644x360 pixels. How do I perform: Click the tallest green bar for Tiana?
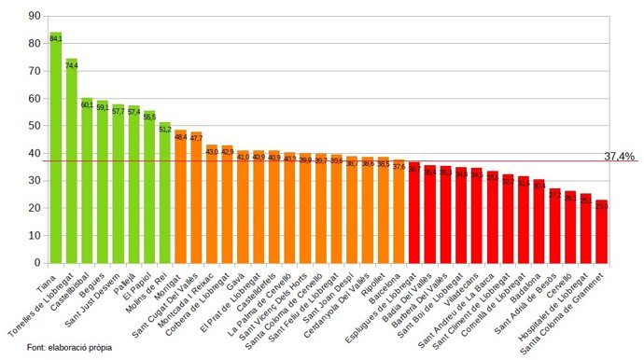(56, 149)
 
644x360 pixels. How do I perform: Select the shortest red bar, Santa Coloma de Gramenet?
(601, 232)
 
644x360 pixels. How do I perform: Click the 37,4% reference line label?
(619, 157)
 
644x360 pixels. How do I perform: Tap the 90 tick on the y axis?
(35, 16)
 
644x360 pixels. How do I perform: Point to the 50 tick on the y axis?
(35, 125)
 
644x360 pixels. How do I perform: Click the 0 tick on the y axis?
(37, 262)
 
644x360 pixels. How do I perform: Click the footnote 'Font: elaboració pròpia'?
(70, 347)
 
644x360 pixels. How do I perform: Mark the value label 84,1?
(56, 39)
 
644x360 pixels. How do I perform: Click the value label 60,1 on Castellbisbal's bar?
(87, 104)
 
